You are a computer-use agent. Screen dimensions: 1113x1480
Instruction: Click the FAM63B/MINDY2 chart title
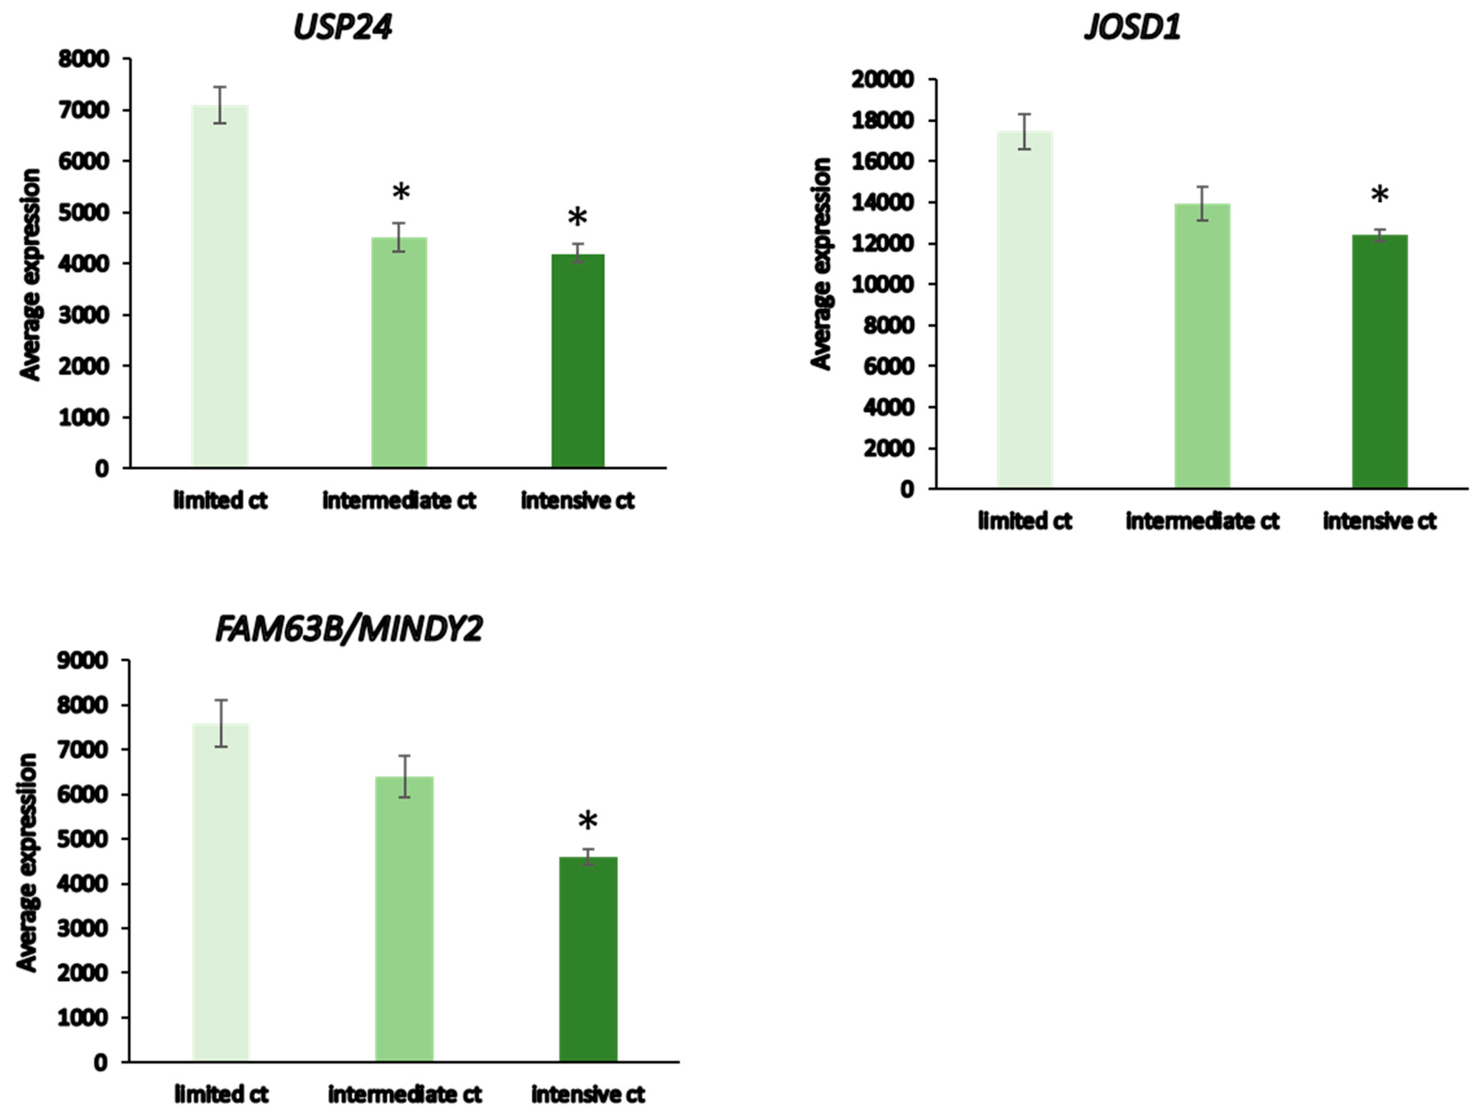click(x=348, y=630)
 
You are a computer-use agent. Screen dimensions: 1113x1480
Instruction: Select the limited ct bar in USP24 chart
click(x=220, y=288)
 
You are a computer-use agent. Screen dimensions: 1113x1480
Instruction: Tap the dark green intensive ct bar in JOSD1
click(x=1380, y=362)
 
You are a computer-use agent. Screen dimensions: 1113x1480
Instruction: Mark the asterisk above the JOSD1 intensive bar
click(x=1380, y=195)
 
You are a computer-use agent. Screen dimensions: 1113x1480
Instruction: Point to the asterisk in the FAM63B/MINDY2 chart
click(x=587, y=821)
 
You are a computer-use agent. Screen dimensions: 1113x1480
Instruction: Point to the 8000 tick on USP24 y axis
click(x=83, y=59)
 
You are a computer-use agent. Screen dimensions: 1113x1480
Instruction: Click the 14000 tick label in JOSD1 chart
click(x=882, y=203)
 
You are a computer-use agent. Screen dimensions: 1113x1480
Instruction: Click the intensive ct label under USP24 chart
click(x=577, y=501)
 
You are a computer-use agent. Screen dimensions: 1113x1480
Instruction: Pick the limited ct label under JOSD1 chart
click(x=1024, y=521)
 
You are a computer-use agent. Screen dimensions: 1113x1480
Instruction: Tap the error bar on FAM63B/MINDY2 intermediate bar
click(x=404, y=776)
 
